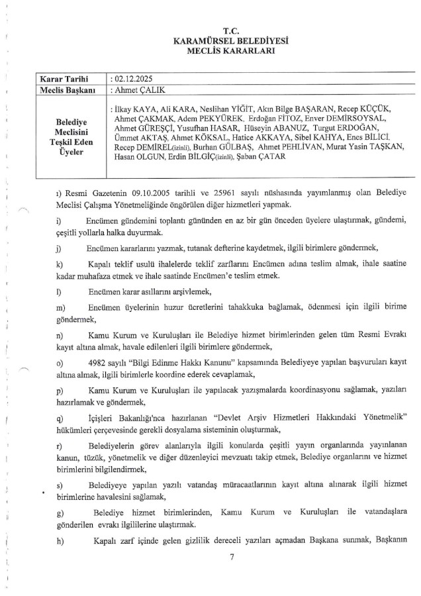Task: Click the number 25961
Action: pos(238,192)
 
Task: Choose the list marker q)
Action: pos(61,415)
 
